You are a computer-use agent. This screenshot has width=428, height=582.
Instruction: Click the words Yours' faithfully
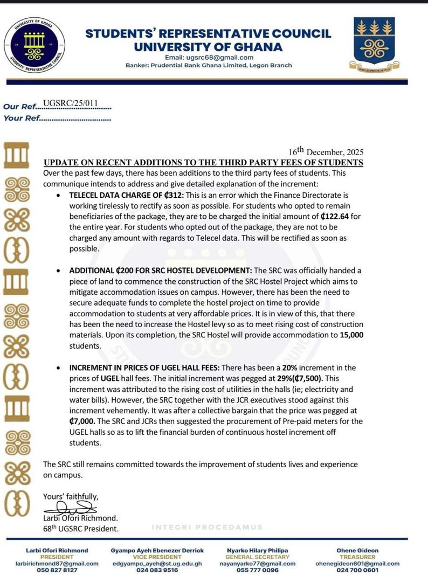coord(71,496)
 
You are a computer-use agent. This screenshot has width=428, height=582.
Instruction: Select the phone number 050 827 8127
coord(57,570)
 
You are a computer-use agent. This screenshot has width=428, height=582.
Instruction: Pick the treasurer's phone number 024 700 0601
coord(357,570)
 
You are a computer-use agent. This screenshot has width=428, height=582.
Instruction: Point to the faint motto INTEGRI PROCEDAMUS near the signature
coord(208,527)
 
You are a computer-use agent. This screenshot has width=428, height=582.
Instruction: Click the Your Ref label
coord(20,118)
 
